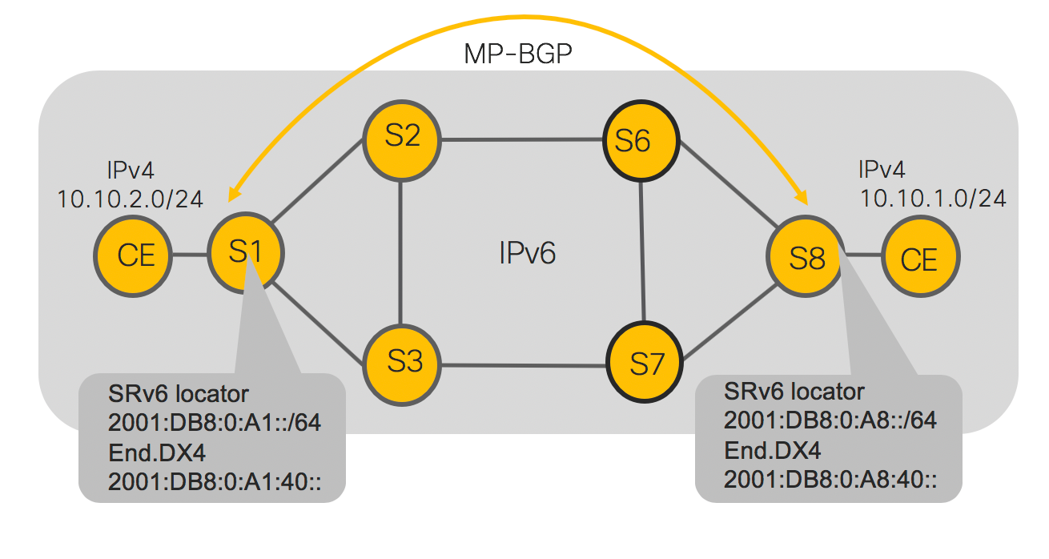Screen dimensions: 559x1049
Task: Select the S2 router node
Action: (402, 138)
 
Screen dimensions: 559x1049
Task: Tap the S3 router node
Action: (404, 364)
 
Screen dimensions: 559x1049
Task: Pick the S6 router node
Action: (640, 141)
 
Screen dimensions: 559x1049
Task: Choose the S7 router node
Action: (645, 364)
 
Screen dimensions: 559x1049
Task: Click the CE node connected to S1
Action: (135, 256)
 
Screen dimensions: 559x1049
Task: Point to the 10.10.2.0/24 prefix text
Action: (130, 199)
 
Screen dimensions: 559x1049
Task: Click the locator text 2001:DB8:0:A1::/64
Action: (214, 423)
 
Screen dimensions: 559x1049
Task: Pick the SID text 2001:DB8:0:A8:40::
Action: (830, 480)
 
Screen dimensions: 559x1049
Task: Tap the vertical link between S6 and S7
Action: (642, 252)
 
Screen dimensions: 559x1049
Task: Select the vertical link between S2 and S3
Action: (402, 251)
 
